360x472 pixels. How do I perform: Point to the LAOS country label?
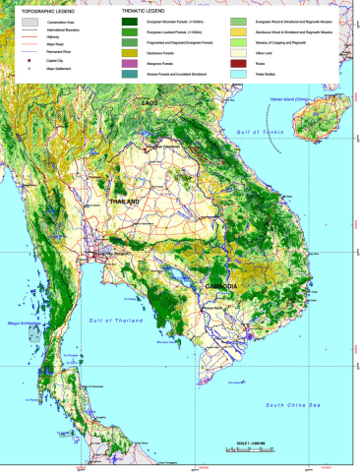click(x=150, y=103)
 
